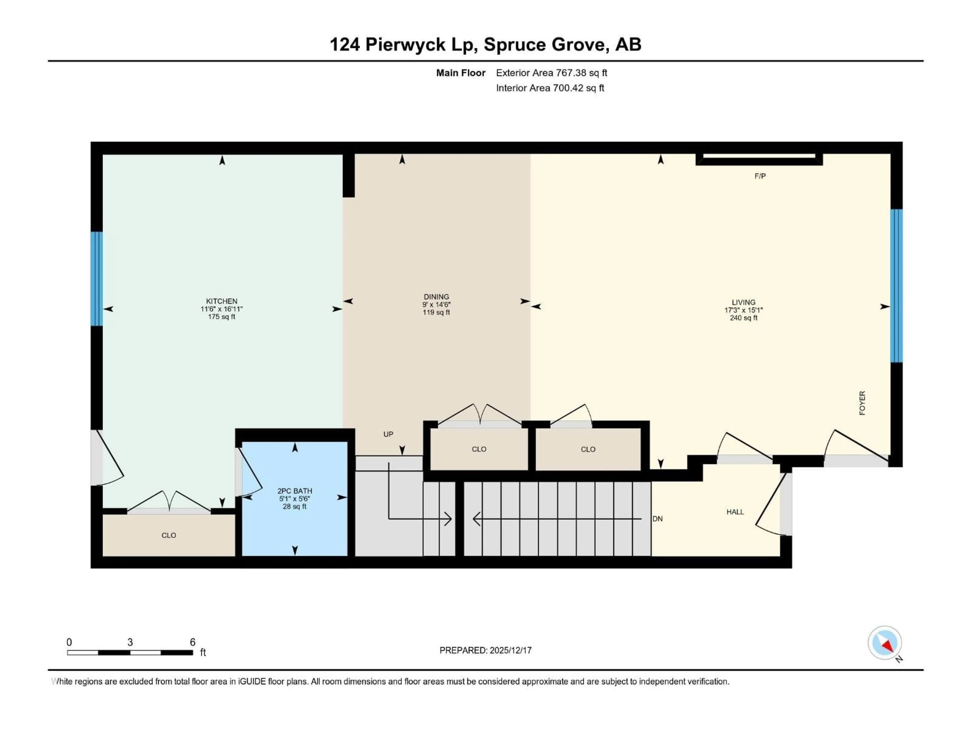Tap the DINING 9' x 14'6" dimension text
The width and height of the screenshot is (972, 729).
pyautogui.click(x=436, y=305)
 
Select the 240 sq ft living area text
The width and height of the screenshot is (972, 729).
pyautogui.click(x=743, y=318)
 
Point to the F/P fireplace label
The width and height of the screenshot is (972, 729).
pyautogui.click(x=760, y=176)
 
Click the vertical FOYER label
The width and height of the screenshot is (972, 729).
pyautogui.click(x=862, y=403)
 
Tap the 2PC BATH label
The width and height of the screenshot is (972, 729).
pyautogui.click(x=294, y=491)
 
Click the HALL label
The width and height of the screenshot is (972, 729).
pyautogui.click(x=735, y=512)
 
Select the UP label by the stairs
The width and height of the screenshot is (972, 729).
pyautogui.click(x=388, y=434)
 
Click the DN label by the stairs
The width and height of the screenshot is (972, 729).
pyautogui.click(x=657, y=519)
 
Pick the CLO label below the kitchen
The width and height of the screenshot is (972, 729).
pyautogui.click(x=169, y=535)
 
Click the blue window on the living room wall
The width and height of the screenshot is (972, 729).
pyautogui.click(x=896, y=286)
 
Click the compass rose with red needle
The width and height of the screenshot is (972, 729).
pyautogui.click(x=885, y=643)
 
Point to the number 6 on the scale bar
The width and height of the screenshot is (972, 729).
pyautogui.click(x=192, y=642)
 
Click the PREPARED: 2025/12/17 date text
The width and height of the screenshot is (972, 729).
pyautogui.click(x=485, y=650)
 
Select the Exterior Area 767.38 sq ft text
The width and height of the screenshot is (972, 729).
pyautogui.click(x=552, y=73)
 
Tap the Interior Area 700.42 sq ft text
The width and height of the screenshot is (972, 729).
pyautogui.click(x=550, y=88)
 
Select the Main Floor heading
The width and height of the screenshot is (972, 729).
pyautogui.click(x=460, y=73)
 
